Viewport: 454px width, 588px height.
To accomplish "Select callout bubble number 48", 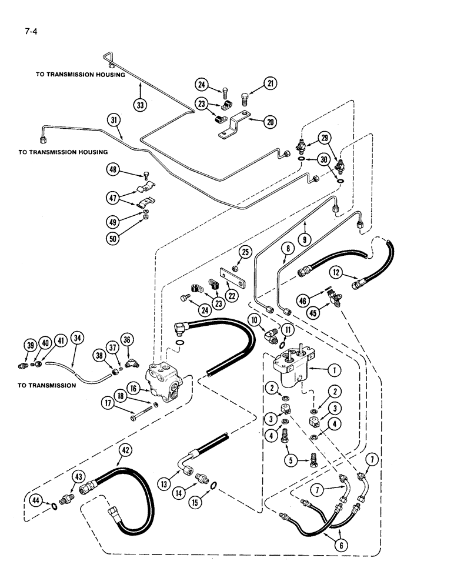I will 113,170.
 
